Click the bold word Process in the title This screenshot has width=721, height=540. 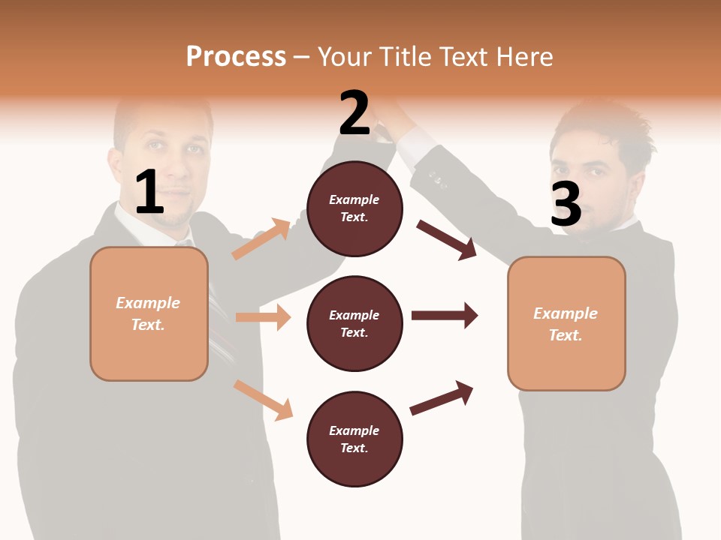(x=236, y=56)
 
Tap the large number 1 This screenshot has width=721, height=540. (x=149, y=192)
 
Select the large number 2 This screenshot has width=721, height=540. (x=354, y=113)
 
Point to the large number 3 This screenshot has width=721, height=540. (x=566, y=203)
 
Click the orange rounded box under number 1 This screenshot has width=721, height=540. (x=149, y=313)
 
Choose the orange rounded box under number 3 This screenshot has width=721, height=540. (x=566, y=323)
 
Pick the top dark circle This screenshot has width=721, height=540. (x=354, y=208)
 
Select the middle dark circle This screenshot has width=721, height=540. (x=354, y=323)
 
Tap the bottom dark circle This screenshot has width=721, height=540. (x=354, y=439)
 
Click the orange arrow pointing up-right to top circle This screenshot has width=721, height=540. (x=261, y=239)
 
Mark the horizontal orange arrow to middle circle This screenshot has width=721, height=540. (x=263, y=317)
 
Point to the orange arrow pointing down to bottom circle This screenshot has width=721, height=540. (x=263, y=400)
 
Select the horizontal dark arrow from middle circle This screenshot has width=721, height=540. (x=445, y=315)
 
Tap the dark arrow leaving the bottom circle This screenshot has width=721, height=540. (x=442, y=398)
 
